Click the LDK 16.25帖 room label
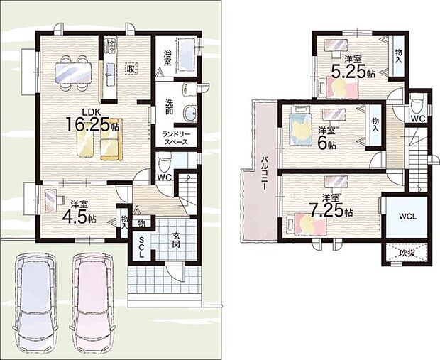tap(92, 121)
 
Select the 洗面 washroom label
tap(169, 107)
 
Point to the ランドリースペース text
tap(176, 138)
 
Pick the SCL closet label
tap(141, 247)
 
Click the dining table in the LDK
tap(73, 72)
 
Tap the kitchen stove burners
tap(111, 45)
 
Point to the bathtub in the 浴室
tap(185, 56)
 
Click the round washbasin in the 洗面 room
tap(190, 114)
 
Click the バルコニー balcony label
tap(264, 173)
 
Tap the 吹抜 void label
tap(407, 253)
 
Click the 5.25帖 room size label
tap(353, 72)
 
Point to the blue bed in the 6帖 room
tap(300, 126)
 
